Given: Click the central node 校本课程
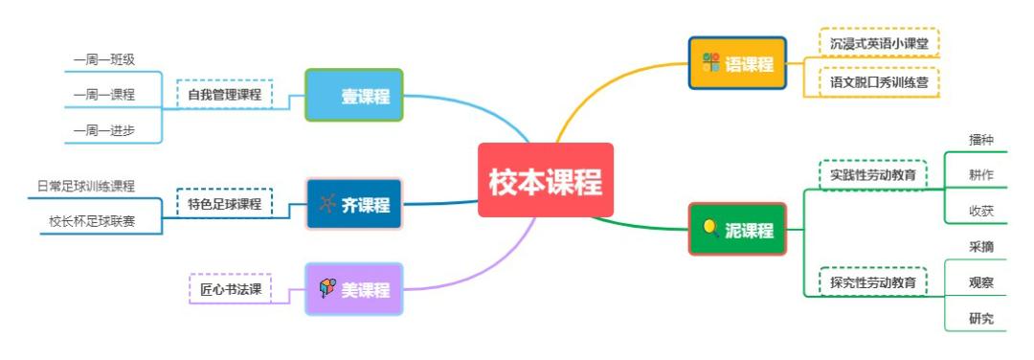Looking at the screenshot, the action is click(545, 180).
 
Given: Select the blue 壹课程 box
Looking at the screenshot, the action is click(354, 96).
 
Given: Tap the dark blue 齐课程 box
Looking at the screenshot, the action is click(354, 204).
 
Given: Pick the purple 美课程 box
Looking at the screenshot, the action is click(354, 288).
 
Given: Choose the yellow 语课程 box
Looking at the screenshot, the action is click(737, 64).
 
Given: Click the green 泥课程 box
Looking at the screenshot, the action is click(737, 229).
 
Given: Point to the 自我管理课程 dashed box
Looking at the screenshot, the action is click(224, 95).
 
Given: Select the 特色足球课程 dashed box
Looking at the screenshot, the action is click(224, 204).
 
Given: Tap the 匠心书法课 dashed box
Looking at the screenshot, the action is click(231, 288).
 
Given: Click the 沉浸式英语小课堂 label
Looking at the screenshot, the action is click(879, 44).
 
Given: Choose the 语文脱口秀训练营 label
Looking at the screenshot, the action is click(879, 81).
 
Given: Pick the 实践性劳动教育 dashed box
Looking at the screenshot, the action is click(872, 175).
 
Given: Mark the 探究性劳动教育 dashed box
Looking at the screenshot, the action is click(872, 282).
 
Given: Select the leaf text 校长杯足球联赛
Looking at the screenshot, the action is click(92, 221).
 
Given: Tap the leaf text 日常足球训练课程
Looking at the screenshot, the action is click(86, 186).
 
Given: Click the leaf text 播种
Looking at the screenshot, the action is click(981, 140).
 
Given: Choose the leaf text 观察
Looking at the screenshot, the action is click(981, 282).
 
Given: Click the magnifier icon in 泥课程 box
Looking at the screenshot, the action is click(710, 228).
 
